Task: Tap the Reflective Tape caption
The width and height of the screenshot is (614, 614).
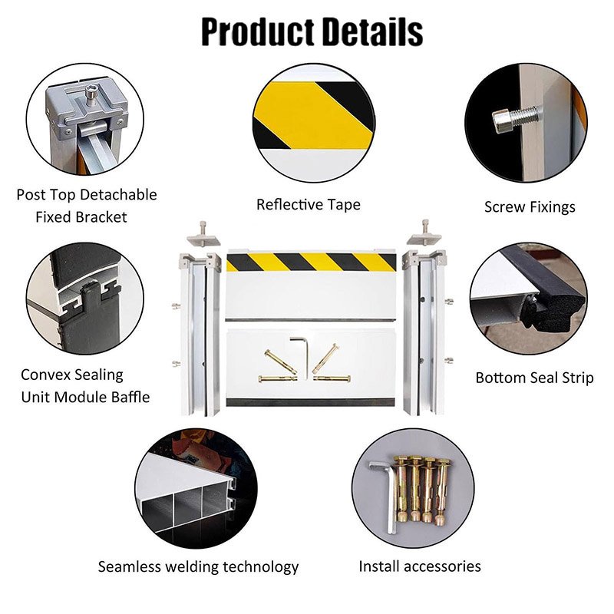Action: [308, 204]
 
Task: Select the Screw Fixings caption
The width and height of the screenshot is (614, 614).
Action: [530, 206]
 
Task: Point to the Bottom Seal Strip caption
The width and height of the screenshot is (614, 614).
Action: [534, 378]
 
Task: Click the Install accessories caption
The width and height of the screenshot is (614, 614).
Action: [420, 566]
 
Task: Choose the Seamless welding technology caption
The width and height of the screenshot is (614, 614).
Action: [198, 567]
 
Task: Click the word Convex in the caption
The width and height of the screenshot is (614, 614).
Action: [49, 375]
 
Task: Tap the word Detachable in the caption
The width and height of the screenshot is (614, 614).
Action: [117, 194]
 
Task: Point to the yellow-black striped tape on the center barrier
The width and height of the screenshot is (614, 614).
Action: [311, 262]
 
